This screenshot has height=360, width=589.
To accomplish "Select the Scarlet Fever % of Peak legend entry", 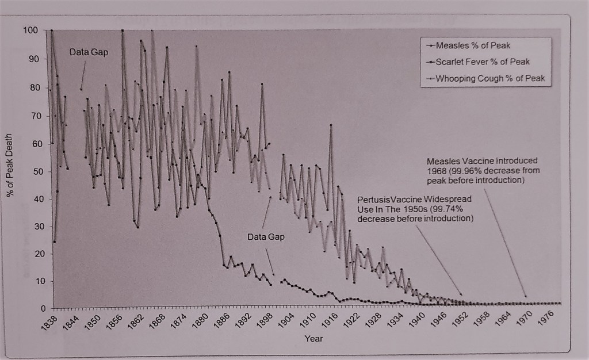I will pyautogui.click(x=482, y=62).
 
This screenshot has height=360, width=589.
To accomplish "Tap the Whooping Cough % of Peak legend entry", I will pyautogui.click(x=489, y=78).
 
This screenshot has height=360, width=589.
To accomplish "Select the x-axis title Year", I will pyautogui.click(x=314, y=338).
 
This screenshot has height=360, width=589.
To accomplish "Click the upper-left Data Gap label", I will pyautogui.click(x=89, y=52).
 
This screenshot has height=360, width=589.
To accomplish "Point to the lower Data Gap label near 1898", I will pyautogui.click(x=266, y=236).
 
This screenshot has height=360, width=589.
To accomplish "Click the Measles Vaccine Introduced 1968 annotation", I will pyautogui.click(x=483, y=170).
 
